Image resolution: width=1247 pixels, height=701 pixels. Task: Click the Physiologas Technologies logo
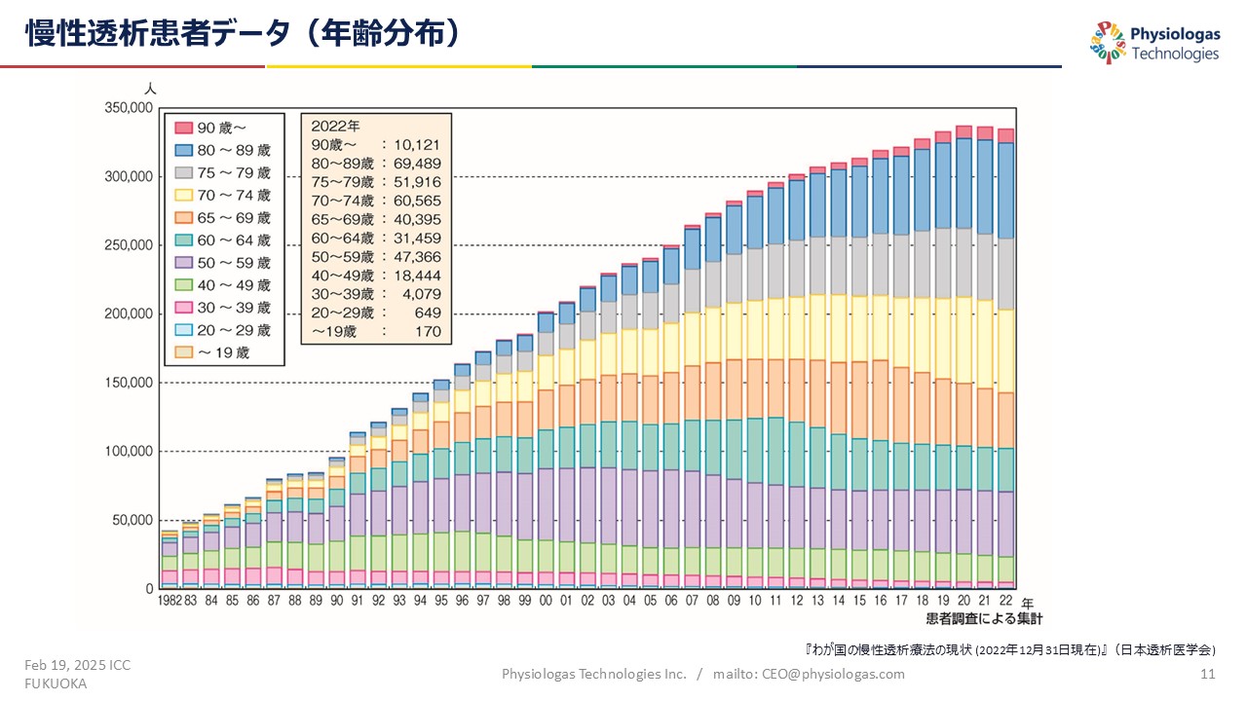click(x=1154, y=44)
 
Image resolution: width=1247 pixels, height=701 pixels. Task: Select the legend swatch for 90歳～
click(x=182, y=128)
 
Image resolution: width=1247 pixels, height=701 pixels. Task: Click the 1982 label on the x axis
click(x=171, y=602)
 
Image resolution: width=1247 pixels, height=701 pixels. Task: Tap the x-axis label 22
click(x=1005, y=602)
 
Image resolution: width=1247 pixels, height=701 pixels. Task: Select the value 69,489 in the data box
click(x=416, y=165)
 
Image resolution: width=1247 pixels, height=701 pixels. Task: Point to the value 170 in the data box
click(x=428, y=332)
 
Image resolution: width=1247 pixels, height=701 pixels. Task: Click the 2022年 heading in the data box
click(x=335, y=127)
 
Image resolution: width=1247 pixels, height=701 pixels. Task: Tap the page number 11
click(x=1208, y=674)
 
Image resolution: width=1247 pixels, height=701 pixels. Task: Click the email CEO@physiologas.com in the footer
click(x=822, y=674)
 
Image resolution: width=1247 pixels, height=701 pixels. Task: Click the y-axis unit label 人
click(x=150, y=89)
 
